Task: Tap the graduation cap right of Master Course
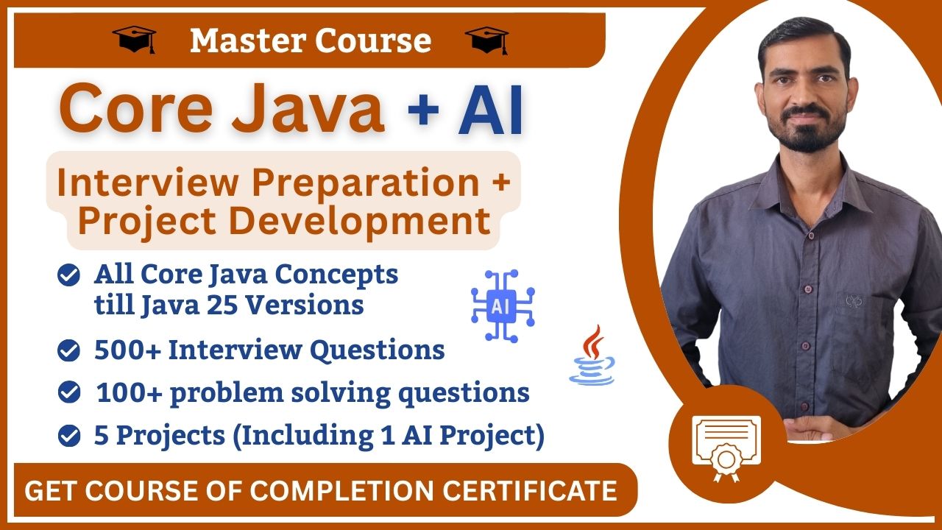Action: point(486,40)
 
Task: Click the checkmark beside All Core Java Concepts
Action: point(69,276)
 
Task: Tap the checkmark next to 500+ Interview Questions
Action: point(69,351)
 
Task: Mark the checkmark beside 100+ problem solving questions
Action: point(69,394)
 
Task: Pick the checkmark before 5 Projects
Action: point(69,437)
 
